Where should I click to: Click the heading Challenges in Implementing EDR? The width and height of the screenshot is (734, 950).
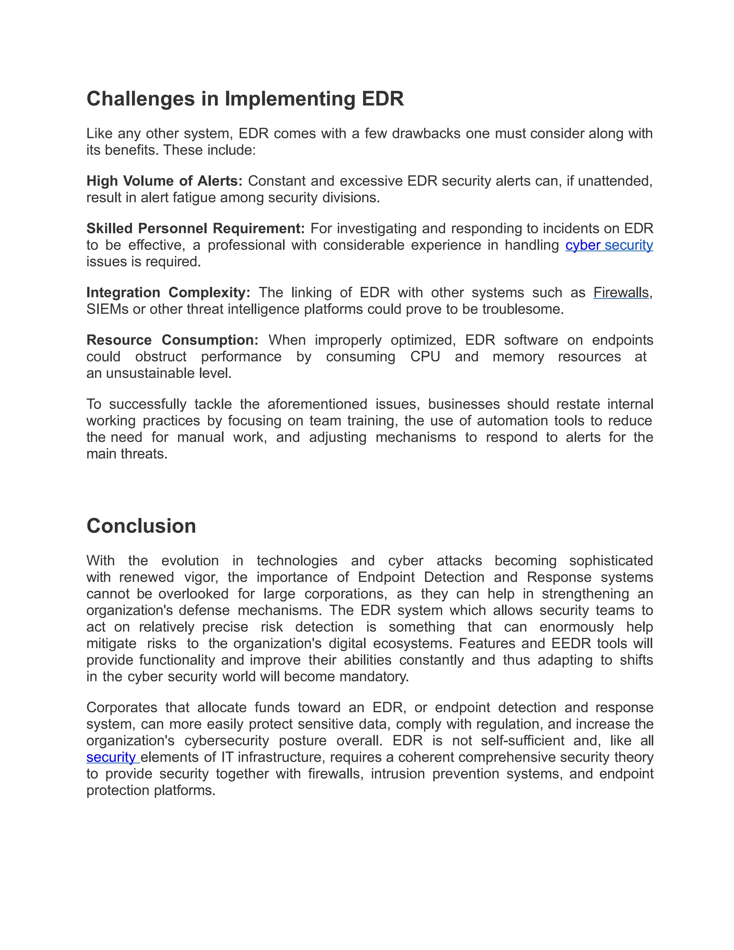245,99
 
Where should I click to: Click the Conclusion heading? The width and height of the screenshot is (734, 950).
141,526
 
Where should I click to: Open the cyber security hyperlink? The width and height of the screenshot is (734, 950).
609,245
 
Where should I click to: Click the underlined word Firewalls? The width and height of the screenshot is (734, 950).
621,293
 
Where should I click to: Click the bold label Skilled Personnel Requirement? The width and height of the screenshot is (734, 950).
196,229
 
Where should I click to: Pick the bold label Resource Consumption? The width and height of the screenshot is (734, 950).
172,340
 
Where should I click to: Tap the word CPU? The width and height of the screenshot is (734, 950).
425,357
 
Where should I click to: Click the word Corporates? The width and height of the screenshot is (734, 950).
122,708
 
